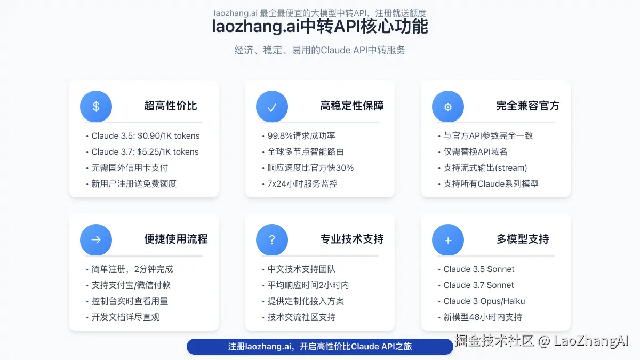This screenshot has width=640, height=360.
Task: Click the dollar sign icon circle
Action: pyautogui.click(x=96, y=106)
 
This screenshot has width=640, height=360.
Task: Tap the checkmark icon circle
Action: pyautogui.click(x=272, y=106)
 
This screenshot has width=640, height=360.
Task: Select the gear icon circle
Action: pyautogui.click(x=448, y=106)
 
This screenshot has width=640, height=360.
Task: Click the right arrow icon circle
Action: pyautogui.click(x=96, y=239)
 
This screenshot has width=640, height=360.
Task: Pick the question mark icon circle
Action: pyautogui.click(x=272, y=239)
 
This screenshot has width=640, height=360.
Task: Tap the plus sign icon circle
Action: pyautogui.click(x=448, y=239)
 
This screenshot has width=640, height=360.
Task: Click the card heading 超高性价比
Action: pyautogui.click(x=171, y=106)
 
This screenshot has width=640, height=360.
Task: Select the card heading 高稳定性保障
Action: pyautogui.click(x=352, y=106)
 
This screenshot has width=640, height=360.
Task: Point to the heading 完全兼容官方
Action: pyautogui.click(x=527, y=106)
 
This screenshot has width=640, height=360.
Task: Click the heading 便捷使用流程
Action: pyautogui.click(x=175, y=239)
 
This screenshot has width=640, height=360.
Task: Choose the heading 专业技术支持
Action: pyautogui.click(x=352, y=239)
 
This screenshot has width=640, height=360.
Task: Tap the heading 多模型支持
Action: pyautogui.click(x=523, y=239)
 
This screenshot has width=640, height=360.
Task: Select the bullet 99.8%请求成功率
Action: pyautogui.click(x=301, y=136)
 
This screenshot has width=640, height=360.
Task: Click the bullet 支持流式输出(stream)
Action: pyautogui.click(x=485, y=168)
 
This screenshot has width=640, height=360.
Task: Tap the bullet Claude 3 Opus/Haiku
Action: pyautogui.click(x=484, y=301)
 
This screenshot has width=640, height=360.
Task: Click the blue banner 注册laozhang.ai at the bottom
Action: pyautogui.click(x=320, y=347)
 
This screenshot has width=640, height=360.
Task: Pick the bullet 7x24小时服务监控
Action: pyautogui.click(x=302, y=184)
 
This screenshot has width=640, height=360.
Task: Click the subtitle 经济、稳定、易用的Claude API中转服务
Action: pyautogui.click(x=320, y=50)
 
